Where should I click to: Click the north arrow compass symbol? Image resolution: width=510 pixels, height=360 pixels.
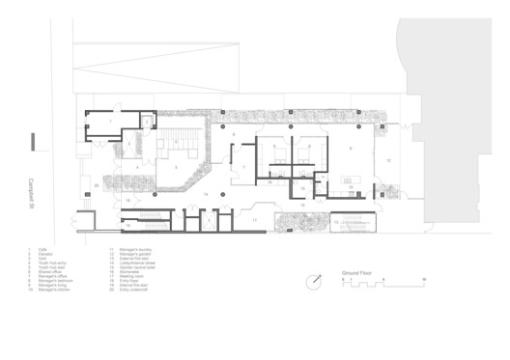314,282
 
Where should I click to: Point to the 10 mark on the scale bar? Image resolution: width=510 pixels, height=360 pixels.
424,280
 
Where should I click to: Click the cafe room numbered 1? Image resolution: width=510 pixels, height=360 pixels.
111,122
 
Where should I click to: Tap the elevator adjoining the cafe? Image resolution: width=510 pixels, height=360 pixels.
148,121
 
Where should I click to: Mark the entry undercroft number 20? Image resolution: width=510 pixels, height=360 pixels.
97,183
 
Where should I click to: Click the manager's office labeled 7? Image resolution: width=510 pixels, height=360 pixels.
245,168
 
